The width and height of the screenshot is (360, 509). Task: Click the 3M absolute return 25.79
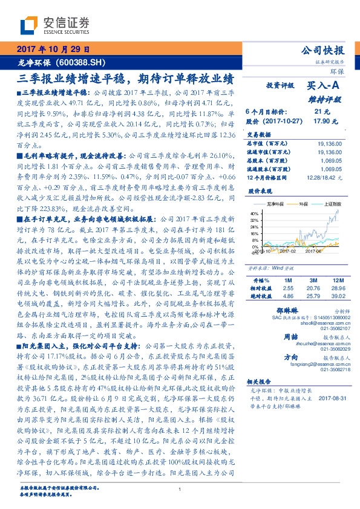pos(313,297)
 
